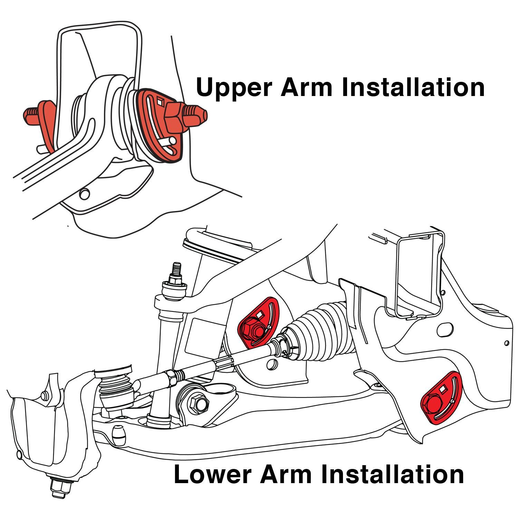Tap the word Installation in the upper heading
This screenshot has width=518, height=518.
point(413,87)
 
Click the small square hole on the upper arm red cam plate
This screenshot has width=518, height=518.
point(160,101)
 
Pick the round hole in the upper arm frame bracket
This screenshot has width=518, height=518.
point(84,194)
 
